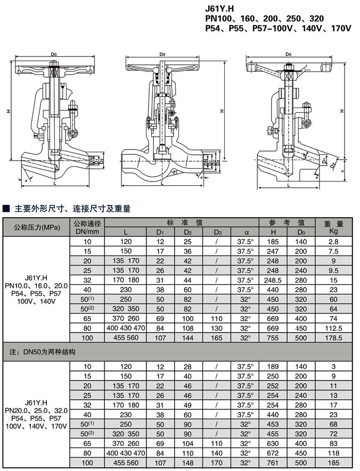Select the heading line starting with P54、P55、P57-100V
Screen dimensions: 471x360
point(278,28)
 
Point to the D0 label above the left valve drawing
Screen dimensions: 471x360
point(53,54)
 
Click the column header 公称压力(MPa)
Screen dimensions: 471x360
point(37,227)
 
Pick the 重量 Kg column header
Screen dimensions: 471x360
point(334,227)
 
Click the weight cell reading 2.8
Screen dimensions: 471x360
point(334,242)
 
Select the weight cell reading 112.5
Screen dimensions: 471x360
point(334,328)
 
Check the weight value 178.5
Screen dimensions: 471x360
point(334,337)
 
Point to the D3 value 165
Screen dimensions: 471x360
point(217,337)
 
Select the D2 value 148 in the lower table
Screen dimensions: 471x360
point(187,462)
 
